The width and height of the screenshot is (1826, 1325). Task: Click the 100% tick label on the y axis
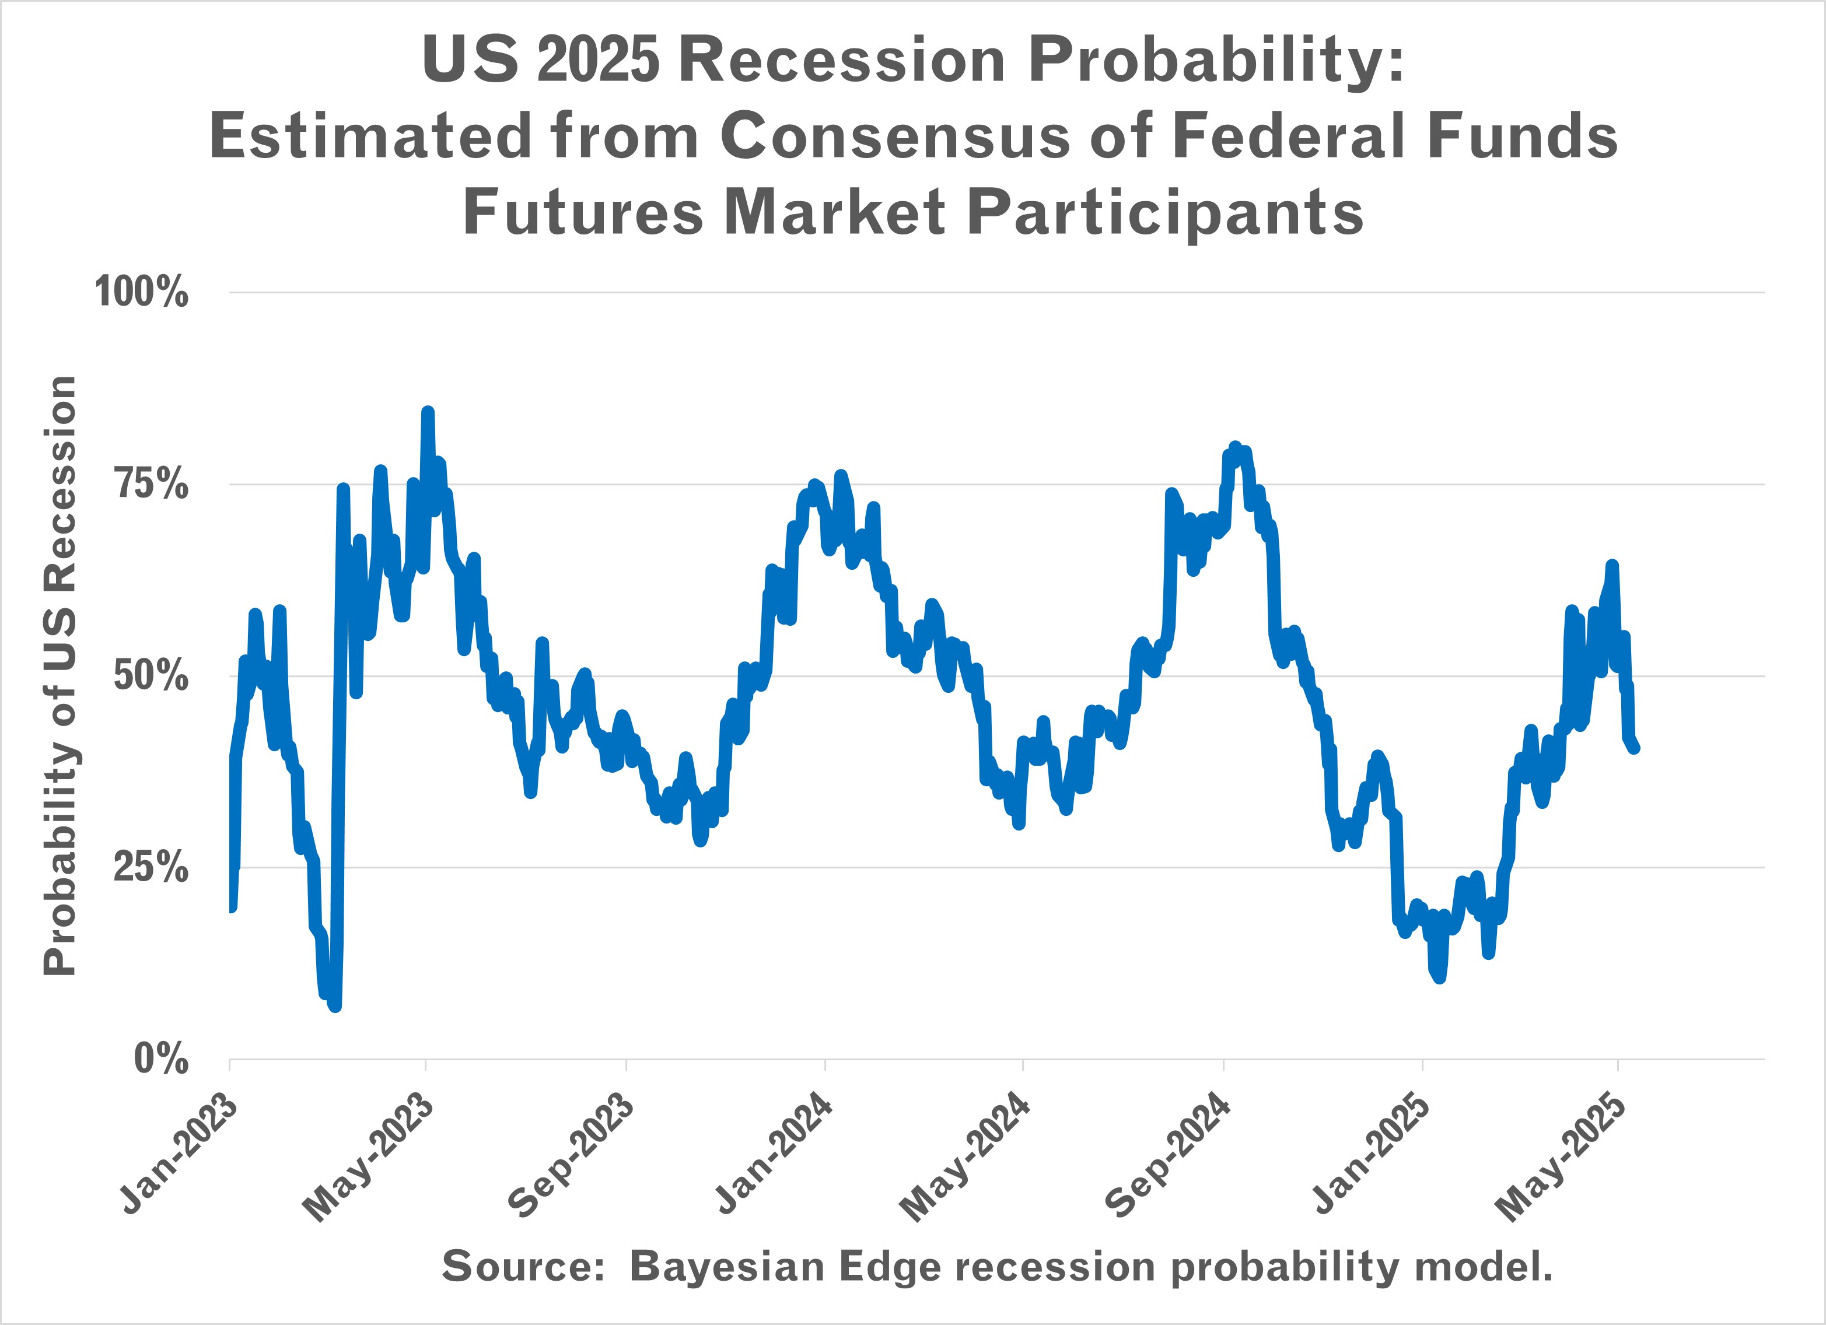pyautogui.click(x=142, y=292)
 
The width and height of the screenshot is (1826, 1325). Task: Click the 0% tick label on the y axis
pyautogui.click(x=160, y=1058)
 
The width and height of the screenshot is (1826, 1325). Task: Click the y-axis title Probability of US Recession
pyautogui.click(x=61, y=675)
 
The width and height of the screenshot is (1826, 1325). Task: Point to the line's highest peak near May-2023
pyautogui.click(x=428, y=412)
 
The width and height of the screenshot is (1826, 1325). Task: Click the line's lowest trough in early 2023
pyautogui.click(x=335, y=1006)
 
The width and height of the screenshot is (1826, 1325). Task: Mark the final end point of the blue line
pyautogui.click(x=1635, y=749)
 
